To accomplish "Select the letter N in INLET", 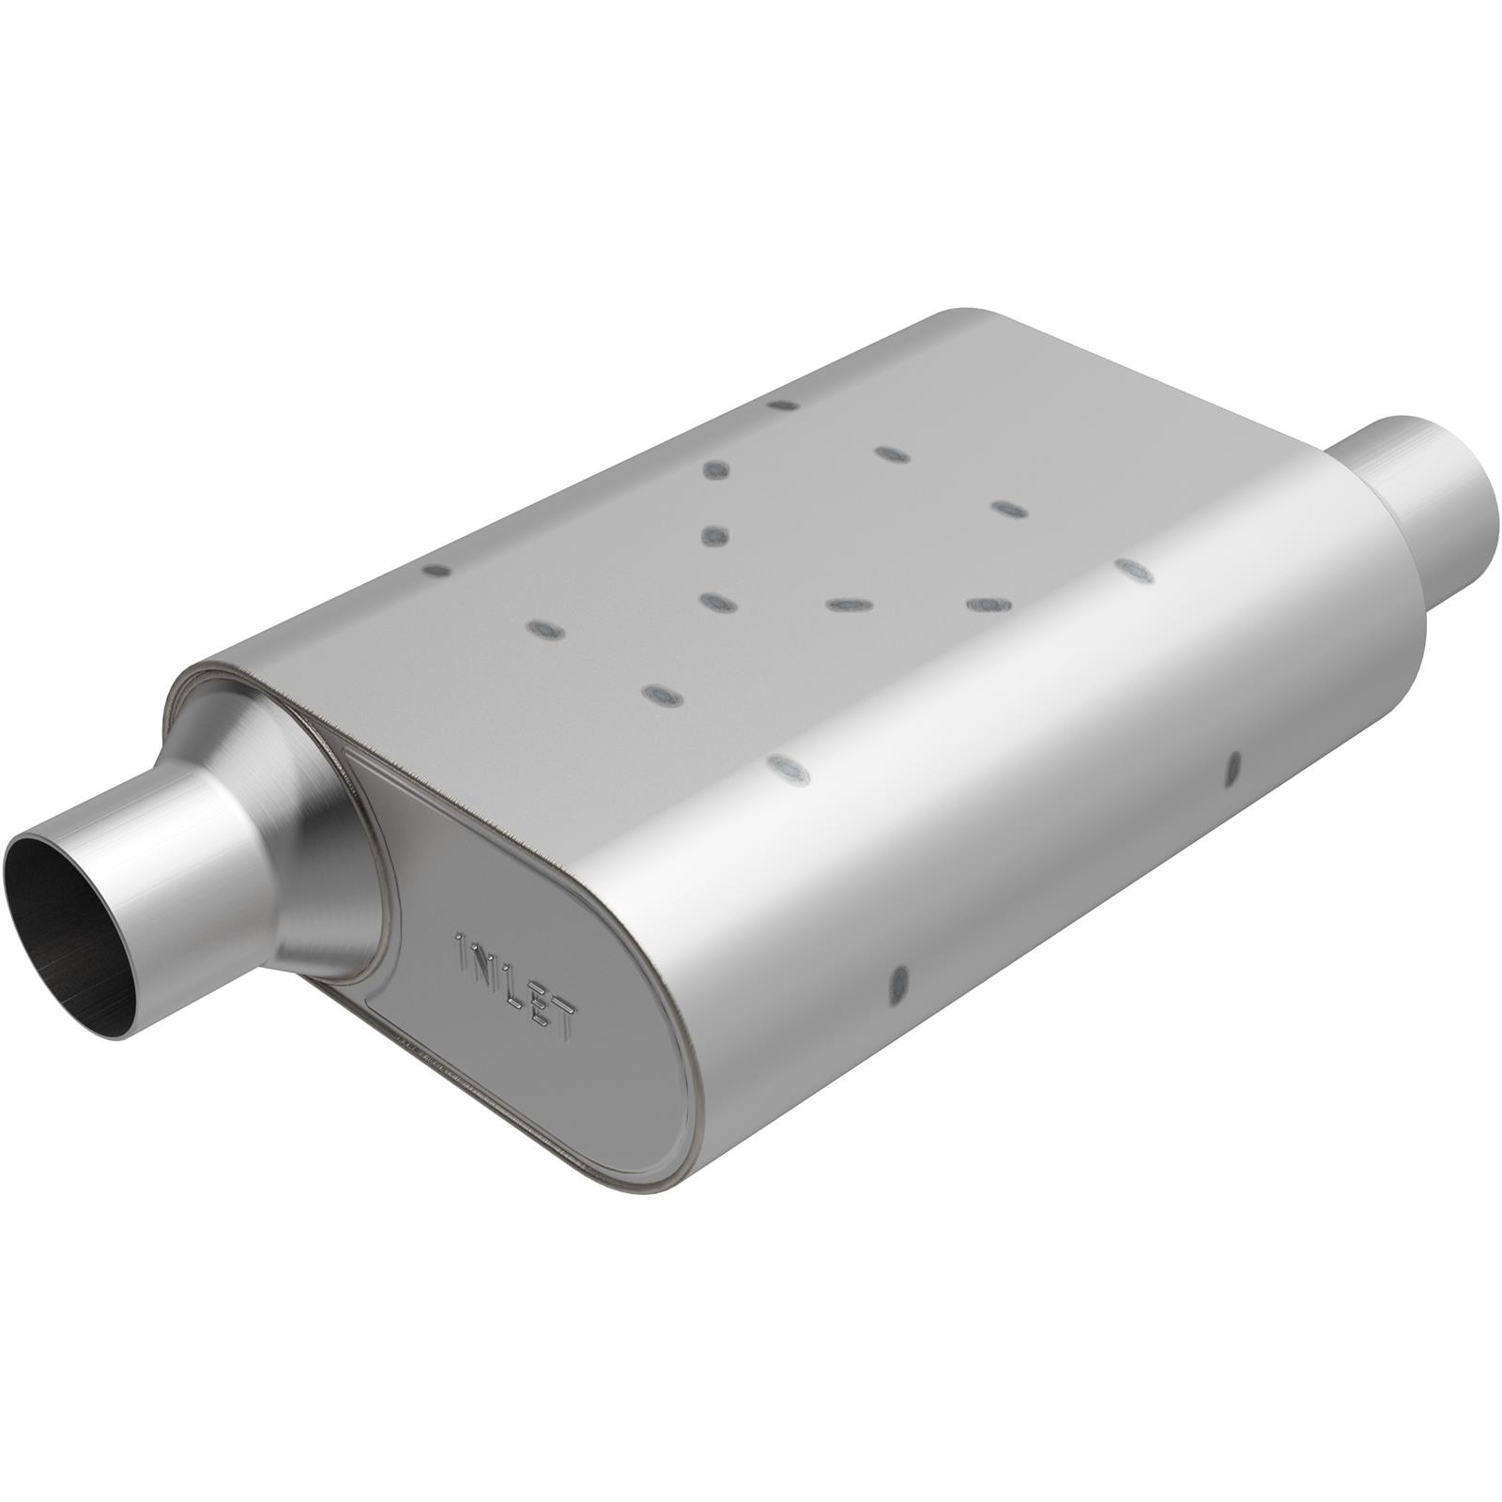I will (482, 965).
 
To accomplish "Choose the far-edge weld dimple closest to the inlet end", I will (436, 570).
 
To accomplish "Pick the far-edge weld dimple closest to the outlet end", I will (782, 406).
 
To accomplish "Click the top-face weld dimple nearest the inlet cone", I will (659, 695).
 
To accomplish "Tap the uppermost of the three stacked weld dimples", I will (715, 469).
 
